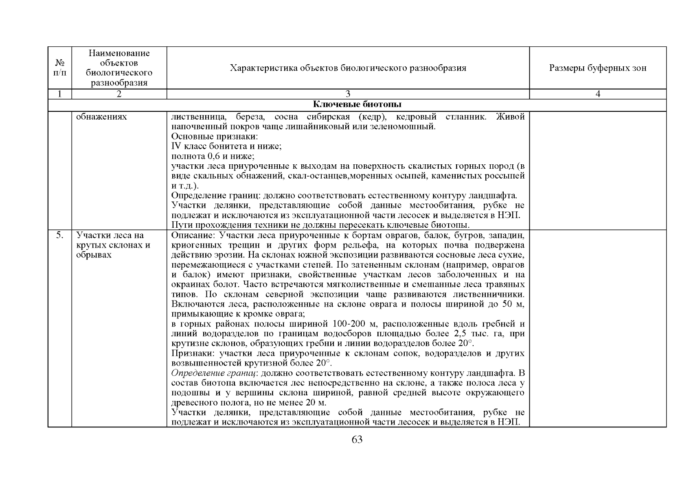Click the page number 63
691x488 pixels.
click(357, 440)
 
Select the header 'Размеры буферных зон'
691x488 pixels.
click(597, 68)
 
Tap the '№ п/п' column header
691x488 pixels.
click(60, 68)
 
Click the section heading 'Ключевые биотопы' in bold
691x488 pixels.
click(357, 105)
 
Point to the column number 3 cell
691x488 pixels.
click(348, 94)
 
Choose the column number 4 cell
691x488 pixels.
click(597, 94)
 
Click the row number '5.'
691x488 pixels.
click(60, 235)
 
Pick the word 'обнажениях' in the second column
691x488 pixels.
click(101, 117)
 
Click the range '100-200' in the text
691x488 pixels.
click(348, 324)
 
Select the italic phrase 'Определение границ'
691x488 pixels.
click(214, 373)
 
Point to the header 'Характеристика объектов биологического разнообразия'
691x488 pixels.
click(348, 68)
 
